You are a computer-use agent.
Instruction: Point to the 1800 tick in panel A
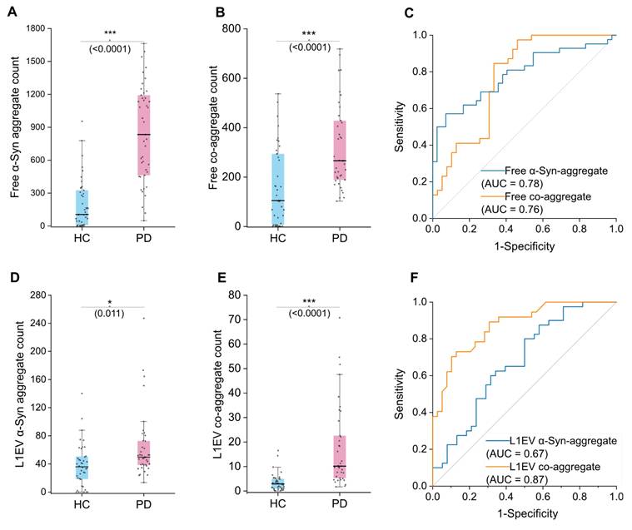tap(35, 29)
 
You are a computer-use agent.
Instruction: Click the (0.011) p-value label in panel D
tap(108, 312)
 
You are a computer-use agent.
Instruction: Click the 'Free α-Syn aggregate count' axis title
tap(15, 126)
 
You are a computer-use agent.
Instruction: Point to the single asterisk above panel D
tap(108, 302)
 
